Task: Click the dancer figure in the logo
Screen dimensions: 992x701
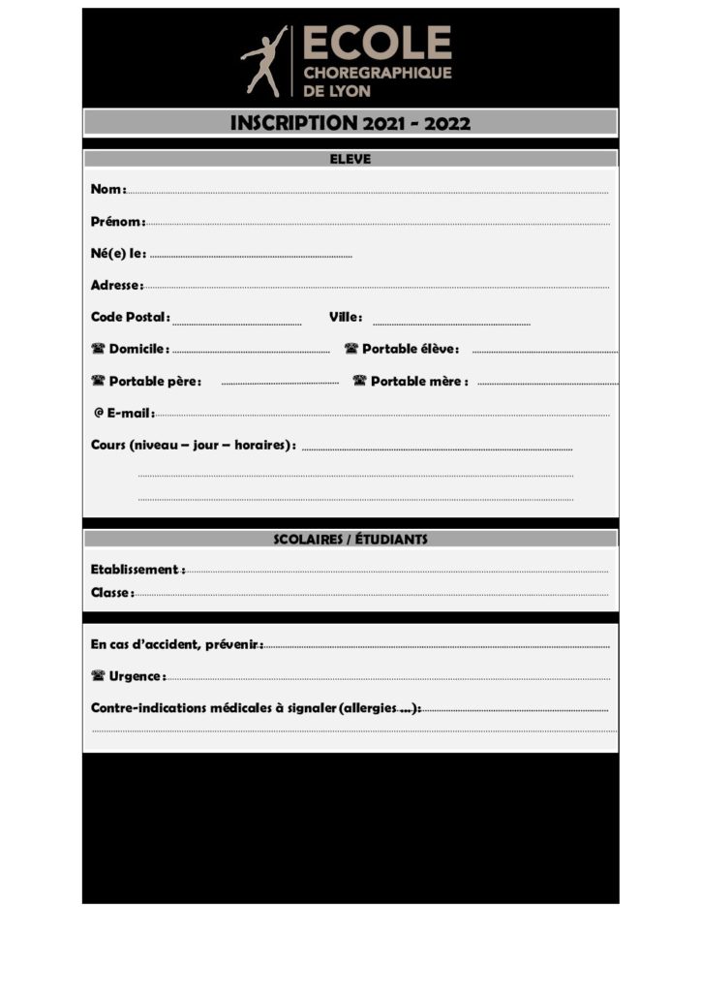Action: click(x=264, y=60)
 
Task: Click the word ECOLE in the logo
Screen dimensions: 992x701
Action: click(x=377, y=43)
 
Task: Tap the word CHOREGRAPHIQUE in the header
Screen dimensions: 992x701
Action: click(x=377, y=73)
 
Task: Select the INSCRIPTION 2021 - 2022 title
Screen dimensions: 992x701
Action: click(x=350, y=123)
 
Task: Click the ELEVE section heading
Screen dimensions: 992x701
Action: click(x=350, y=159)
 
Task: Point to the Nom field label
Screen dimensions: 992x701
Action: click(x=107, y=190)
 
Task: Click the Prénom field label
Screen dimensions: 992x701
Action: click(x=117, y=222)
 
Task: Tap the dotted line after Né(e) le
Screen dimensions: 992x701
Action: click(x=252, y=256)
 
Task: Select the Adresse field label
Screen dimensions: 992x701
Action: click(x=116, y=285)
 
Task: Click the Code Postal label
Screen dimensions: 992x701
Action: click(x=130, y=317)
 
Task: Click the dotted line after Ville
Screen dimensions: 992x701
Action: click(x=451, y=324)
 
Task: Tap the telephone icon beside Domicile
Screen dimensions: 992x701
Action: click(x=98, y=349)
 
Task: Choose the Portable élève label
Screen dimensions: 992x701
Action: click(x=410, y=349)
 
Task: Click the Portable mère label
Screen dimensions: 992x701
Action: click(x=418, y=381)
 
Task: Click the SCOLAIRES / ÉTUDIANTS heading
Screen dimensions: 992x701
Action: click(x=350, y=539)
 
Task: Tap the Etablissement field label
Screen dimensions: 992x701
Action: click(x=137, y=570)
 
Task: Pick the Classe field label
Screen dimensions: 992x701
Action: click(x=111, y=592)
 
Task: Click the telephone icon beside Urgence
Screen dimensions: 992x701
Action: click(x=98, y=675)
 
